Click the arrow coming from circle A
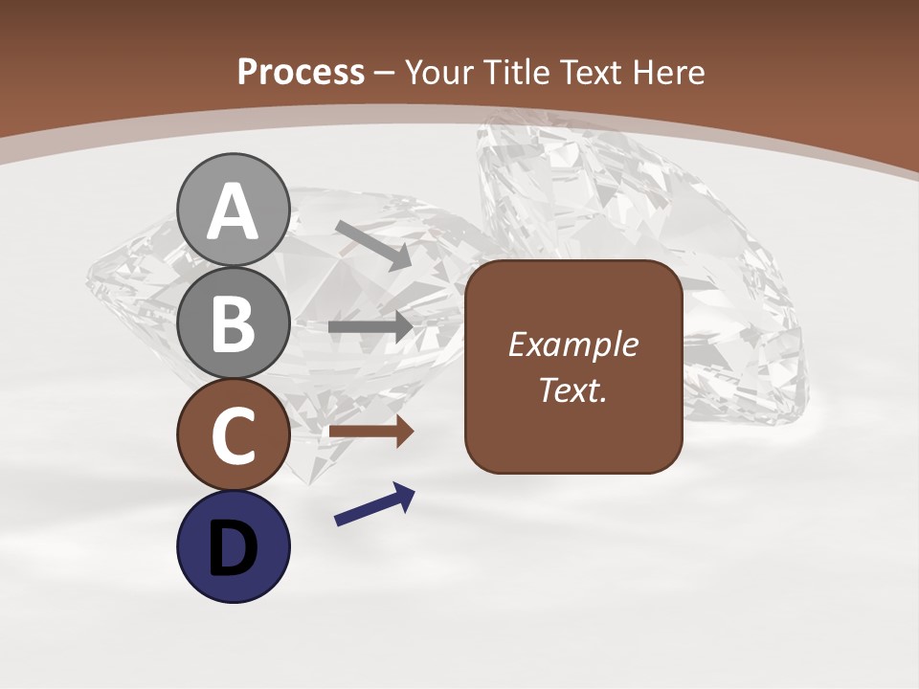coord(373,245)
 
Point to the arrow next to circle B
coord(370,327)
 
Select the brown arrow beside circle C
coord(371,432)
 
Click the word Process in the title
coord(301,72)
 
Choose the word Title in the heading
coord(515,72)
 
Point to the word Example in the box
coord(572,344)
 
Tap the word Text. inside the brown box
coord(572,389)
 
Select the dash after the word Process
coord(385,73)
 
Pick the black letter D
coord(233,547)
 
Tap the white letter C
coord(233,435)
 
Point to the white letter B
coord(233,323)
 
